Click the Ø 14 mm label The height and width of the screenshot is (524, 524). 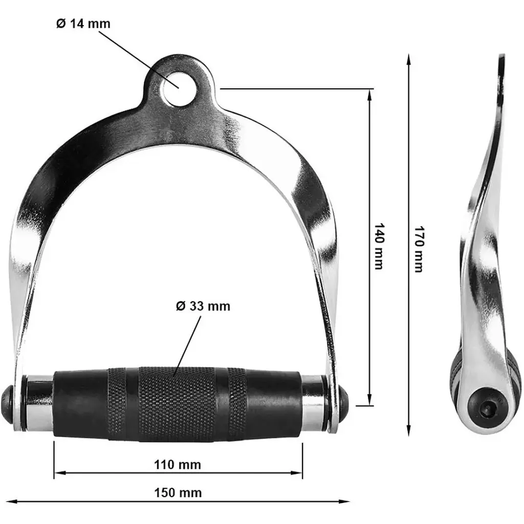(83, 24)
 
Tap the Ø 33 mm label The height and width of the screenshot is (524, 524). (203, 306)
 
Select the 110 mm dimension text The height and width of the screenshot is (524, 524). (178, 465)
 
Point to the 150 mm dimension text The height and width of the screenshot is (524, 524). (178, 493)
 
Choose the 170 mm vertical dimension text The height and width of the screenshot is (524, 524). (419, 249)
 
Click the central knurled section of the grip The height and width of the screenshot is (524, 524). (177, 404)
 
